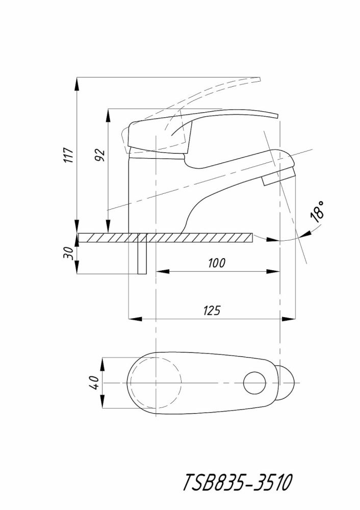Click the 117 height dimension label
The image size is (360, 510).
69,156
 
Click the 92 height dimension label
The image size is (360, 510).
99,156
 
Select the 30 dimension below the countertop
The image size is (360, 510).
68,253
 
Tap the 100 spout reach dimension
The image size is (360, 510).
217,263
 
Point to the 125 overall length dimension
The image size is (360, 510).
212,311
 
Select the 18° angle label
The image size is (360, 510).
317,212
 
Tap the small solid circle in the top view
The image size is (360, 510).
255,383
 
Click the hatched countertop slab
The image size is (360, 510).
165,238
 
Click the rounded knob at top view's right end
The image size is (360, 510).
286,383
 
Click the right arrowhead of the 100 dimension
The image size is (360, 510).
273,271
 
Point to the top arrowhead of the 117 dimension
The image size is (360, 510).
77,84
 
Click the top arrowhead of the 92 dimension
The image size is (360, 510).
107,115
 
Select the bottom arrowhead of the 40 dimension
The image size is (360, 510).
103,402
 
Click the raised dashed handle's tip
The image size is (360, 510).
260,79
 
